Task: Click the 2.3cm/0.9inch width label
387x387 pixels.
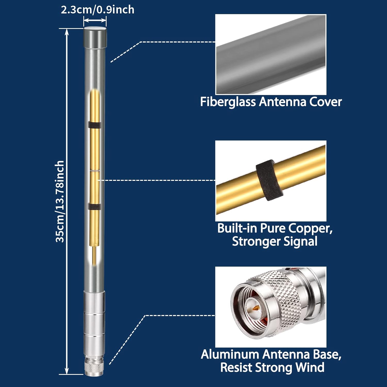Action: pyautogui.click(x=98, y=10)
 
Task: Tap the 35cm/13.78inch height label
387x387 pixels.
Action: pyautogui.click(x=60, y=201)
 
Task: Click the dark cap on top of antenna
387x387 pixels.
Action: pyautogui.click(x=95, y=37)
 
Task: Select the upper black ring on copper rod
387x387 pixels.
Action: pyautogui.click(x=94, y=125)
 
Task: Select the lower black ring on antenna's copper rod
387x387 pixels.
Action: pyautogui.click(x=94, y=206)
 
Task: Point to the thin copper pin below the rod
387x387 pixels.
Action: pyautogui.click(x=94, y=255)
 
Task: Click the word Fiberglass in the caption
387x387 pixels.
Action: pyautogui.click(x=228, y=102)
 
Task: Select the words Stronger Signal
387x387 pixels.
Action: pyautogui.click(x=275, y=241)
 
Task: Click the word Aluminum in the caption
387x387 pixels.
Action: pyautogui.click(x=230, y=354)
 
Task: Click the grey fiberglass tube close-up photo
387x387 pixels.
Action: pyautogui.click(x=271, y=54)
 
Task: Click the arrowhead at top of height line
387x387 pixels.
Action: pyautogui.click(x=67, y=31)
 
